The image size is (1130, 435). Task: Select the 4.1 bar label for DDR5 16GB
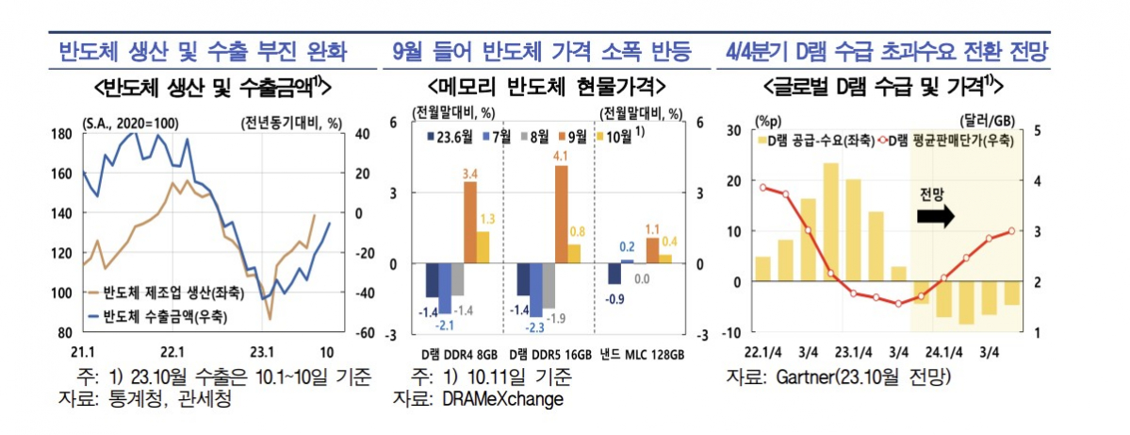coord(562,156)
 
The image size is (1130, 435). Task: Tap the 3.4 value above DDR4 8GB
coord(470,173)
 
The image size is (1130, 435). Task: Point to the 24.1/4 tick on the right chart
coord(944,352)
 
